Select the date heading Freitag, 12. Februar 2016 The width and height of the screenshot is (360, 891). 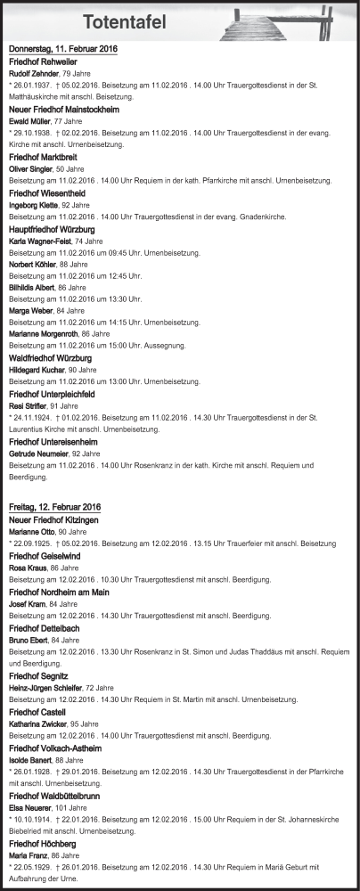coord(54,507)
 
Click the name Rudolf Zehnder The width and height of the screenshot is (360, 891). coord(33,73)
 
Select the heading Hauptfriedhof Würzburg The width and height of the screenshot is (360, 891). coord(57,228)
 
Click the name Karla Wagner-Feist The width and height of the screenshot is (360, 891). coord(41,241)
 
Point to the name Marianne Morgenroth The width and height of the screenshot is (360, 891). coord(44,333)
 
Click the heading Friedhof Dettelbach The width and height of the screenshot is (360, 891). coord(48,626)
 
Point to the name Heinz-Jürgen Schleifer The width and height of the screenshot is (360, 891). coord(47,687)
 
